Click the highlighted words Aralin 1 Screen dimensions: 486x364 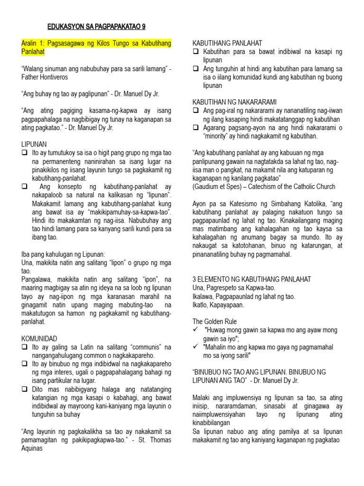coord(34,43)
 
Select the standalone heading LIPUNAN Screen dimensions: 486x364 coord(34,144)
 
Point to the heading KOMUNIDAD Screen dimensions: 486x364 coord(39,338)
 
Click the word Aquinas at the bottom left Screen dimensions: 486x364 coord(34,448)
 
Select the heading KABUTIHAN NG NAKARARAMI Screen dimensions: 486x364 coord(234,102)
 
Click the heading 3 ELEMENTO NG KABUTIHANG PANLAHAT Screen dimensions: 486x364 coord(251,279)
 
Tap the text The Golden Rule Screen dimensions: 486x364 coord(214,321)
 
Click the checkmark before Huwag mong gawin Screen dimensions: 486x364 coord(196,330)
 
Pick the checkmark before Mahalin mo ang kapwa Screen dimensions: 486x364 coord(196,347)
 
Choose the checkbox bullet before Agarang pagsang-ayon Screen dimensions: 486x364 coord(196,128)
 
